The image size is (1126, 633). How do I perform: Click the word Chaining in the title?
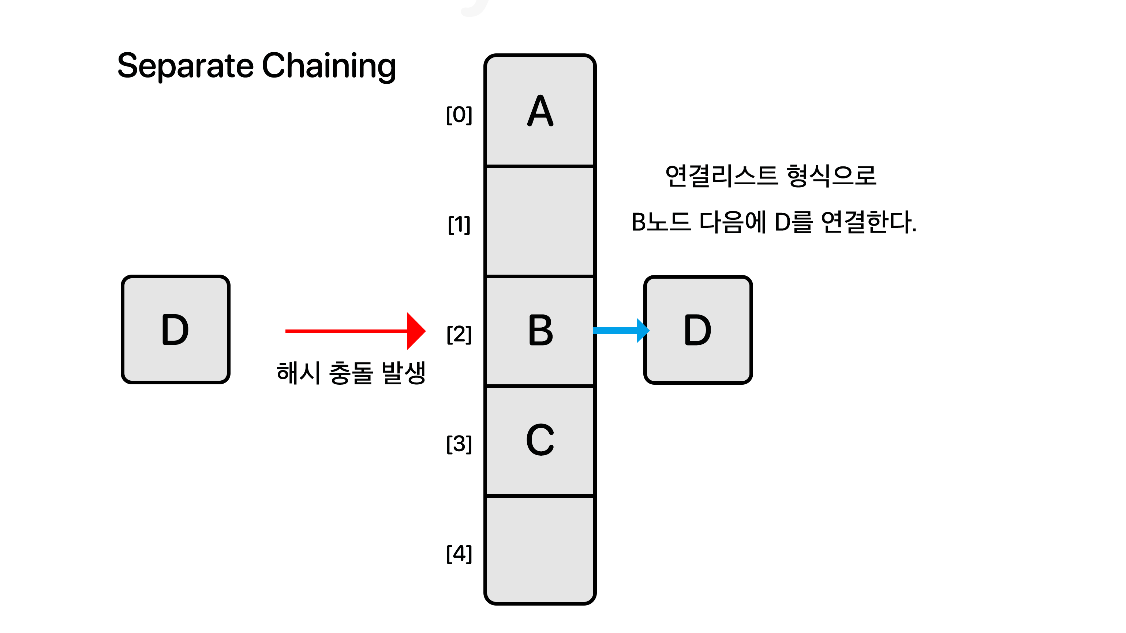pos(329,67)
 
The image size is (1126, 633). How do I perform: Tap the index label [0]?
pos(459,115)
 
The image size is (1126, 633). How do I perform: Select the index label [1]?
pos(459,225)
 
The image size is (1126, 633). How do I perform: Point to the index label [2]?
pos(459,334)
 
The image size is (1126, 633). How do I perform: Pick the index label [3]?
pos(459,444)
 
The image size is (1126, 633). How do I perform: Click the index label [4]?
pos(459,554)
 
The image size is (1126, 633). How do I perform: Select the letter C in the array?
pos(540,440)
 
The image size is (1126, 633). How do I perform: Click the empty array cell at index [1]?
pos(540,222)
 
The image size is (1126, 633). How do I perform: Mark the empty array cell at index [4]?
pos(540,550)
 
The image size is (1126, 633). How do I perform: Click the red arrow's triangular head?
pos(416,331)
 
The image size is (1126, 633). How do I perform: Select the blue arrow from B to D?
pos(621,331)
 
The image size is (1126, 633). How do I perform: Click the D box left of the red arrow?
pos(176,330)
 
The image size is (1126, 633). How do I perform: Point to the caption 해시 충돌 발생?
pos(351,373)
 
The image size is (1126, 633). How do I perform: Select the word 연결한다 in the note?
pos(868,222)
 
